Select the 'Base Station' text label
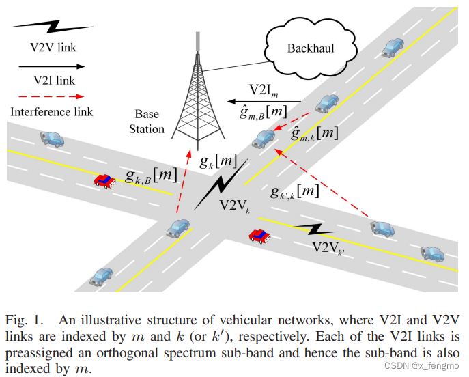pyautogui.click(x=149, y=122)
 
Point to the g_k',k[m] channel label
pyautogui.click(x=294, y=191)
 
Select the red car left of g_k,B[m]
pyautogui.click(x=104, y=181)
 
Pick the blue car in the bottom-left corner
pyautogui.click(x=102, y=276)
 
